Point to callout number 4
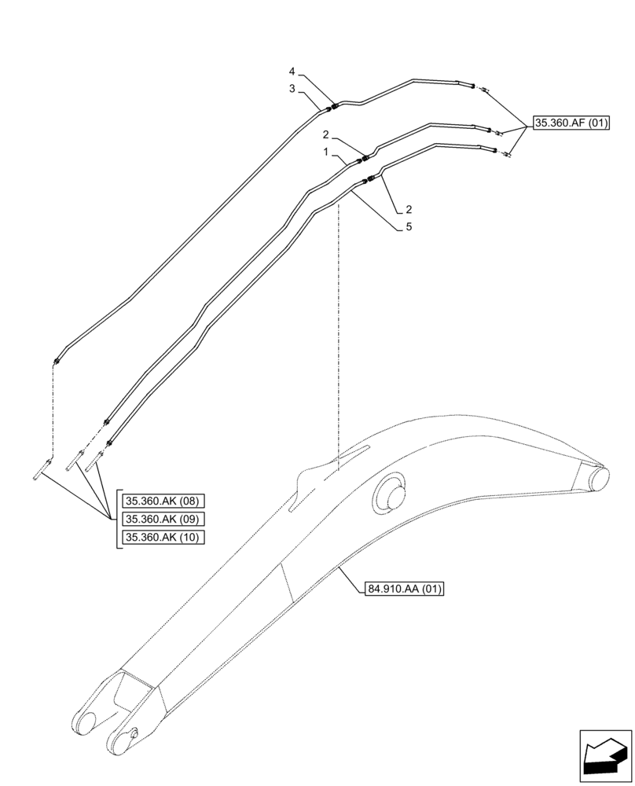(292, 72)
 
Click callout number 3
(292, 89)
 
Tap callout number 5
(409, 226)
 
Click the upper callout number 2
(325, 134)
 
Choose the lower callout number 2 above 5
(409, 209)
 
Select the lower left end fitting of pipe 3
(57, 362)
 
